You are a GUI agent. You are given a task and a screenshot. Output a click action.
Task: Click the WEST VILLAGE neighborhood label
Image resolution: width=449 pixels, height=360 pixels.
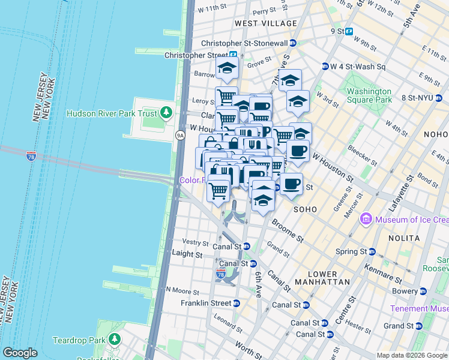click(266, 23)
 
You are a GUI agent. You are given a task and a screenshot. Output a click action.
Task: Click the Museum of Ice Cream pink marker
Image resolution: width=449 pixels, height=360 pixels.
click(366, 220)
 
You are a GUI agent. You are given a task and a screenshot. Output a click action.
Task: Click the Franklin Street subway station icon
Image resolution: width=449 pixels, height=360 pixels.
click(237, 304)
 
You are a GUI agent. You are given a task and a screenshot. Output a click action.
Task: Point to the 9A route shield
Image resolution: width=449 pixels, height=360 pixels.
click(179, 136)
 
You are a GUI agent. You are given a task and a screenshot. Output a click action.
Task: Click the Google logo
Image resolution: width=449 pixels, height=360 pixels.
click(20, 353)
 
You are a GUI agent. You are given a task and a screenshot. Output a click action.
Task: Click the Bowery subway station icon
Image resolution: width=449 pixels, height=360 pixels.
click(423, 291)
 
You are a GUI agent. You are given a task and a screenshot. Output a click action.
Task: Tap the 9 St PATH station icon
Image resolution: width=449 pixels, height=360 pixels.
click(349, 31)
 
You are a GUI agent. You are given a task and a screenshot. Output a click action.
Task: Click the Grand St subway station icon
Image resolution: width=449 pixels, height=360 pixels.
click(419, 326)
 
